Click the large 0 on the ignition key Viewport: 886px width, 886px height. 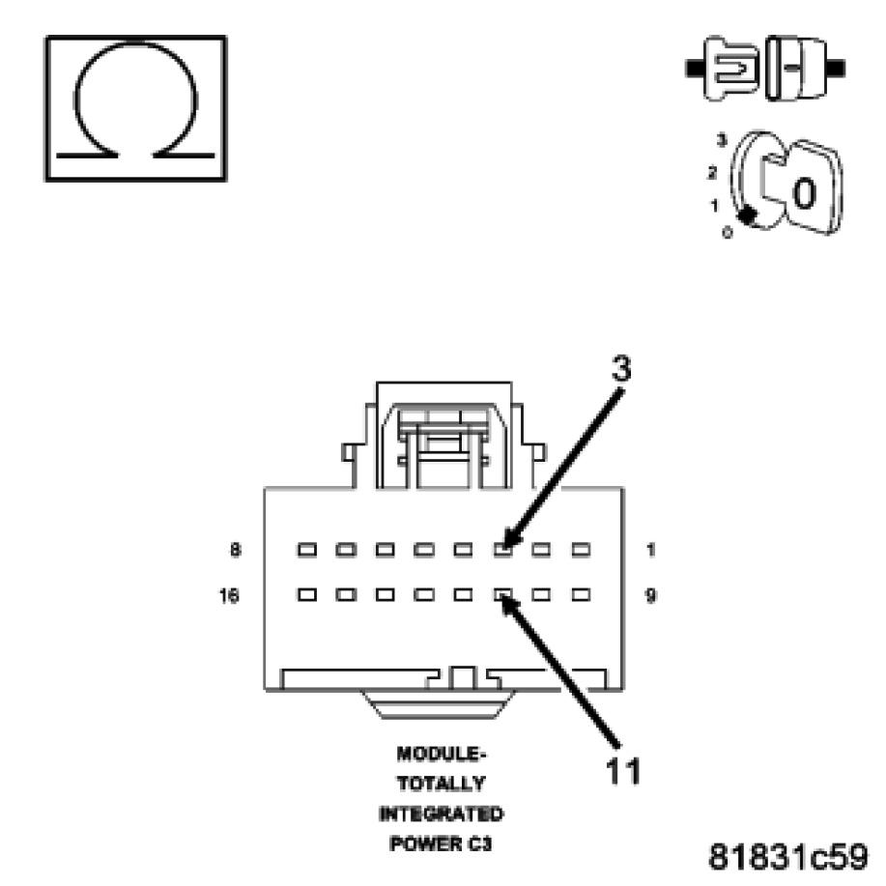(x=803, y=193)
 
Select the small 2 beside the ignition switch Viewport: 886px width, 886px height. (x=712, y=173)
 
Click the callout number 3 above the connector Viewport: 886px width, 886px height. (x=623, y=368)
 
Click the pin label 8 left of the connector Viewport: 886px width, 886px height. (x=236, y=550)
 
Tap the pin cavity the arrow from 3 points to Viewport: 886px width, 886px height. (x=502, y=550)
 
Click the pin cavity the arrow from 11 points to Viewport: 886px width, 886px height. (x=502, y=595)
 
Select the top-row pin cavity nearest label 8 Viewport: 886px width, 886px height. (x=307, y=550)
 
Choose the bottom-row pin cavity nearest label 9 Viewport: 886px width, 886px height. (x=580, y=595)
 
